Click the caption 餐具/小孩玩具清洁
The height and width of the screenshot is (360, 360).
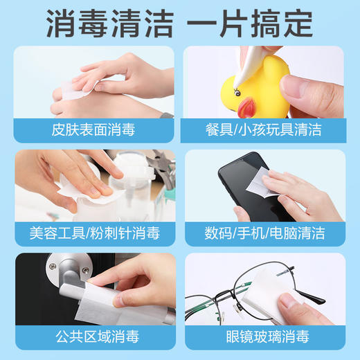click(x=264, y=129)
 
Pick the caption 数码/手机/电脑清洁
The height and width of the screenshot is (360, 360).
click(x=264, y=233)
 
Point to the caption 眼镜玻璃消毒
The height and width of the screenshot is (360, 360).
click(x=264, y=337)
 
